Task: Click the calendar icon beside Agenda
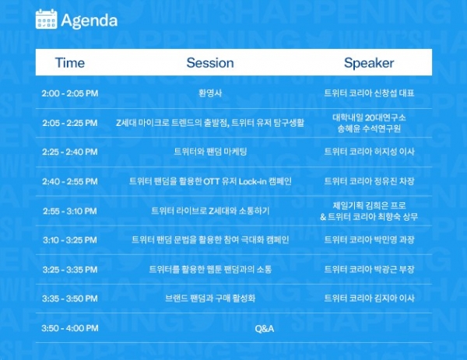tap(46, 19)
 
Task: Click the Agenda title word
tap(89, 20)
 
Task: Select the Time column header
tap(70, 63)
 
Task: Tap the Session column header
tap(210, 63)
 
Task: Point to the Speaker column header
tap(369, 63)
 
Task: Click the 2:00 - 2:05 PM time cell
tap(70, 93)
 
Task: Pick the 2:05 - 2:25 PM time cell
tap(70, 123)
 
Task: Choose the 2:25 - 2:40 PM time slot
tap(70, 152)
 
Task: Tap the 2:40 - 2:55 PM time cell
tap(70, 181)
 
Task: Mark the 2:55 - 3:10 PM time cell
tap(70, 211)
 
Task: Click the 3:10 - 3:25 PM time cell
tap(70, 239)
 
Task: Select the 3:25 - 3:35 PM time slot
tap(70, 270)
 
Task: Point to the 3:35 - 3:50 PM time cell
tap(70, 299)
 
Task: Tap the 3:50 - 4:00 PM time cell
tap(70, 328)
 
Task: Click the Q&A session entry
tap(265, 328)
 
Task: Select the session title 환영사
tap(210, 93)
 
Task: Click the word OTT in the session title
tap(211, 181)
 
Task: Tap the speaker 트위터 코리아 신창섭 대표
tap(369, 93)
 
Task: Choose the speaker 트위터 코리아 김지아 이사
tap(369, 299)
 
